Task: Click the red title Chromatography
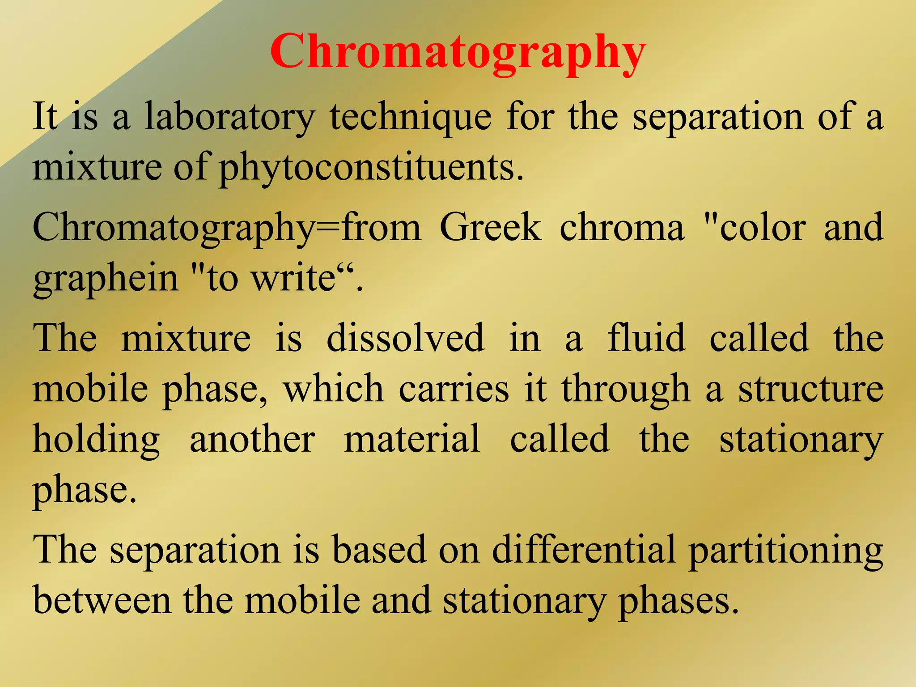458,53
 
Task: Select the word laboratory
230,117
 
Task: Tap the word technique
411,117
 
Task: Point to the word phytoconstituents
371,168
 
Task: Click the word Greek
491,227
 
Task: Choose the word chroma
622,227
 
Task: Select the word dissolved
405,338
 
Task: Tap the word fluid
646,338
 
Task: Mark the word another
253,439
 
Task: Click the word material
412,439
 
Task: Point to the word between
102,600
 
